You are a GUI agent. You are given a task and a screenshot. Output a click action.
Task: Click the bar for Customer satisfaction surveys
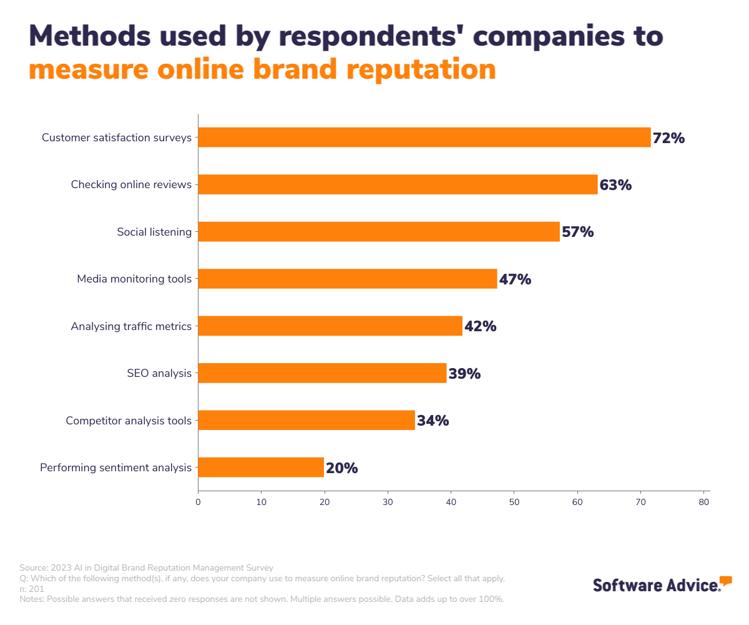(424, 137)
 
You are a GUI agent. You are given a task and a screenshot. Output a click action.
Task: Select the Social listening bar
(379, 232)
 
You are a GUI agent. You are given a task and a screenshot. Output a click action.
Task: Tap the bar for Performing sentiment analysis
(261, 467)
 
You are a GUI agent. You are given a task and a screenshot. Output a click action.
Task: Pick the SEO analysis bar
(322, 373)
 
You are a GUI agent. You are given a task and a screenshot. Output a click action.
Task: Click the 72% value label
(668, 138)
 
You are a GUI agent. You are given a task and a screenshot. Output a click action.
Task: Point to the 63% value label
(615, 185)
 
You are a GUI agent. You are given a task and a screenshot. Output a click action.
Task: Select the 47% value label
(515, 279)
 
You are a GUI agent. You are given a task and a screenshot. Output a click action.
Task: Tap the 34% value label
(433, 421)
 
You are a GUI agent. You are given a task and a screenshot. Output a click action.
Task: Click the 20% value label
(341, 468)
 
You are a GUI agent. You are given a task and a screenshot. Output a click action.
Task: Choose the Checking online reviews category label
(131, 184)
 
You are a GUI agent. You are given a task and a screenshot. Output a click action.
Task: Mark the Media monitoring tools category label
(134, 279)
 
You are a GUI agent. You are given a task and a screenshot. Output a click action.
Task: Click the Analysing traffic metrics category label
(131, 326)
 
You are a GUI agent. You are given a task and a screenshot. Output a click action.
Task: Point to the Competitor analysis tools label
(129, 421)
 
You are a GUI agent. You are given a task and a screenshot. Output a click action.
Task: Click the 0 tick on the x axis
(198, 502)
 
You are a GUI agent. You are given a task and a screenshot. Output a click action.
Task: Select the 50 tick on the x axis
(514, 502)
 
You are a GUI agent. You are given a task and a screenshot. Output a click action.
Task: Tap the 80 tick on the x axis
(703, 502)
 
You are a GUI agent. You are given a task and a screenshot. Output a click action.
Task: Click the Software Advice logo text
(655, 586)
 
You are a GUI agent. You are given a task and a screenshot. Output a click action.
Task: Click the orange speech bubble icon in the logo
(725, 581)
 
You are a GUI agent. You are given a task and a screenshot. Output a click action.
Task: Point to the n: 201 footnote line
(32, 589)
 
